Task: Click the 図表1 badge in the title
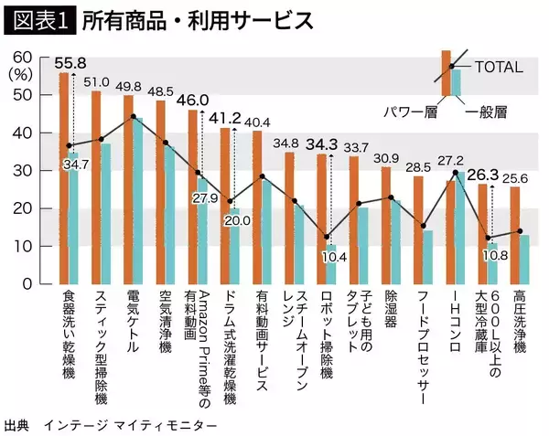click(x=38, y=19)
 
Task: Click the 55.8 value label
click(x=70, y=63)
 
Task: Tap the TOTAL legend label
click(x=500, y=67)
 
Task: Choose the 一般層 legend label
click(x=486, y=112)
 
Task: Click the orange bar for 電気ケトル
click(x=128, y=188)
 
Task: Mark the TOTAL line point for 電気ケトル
click(x=134, y=117)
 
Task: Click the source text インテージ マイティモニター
click(x=137, y=426)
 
